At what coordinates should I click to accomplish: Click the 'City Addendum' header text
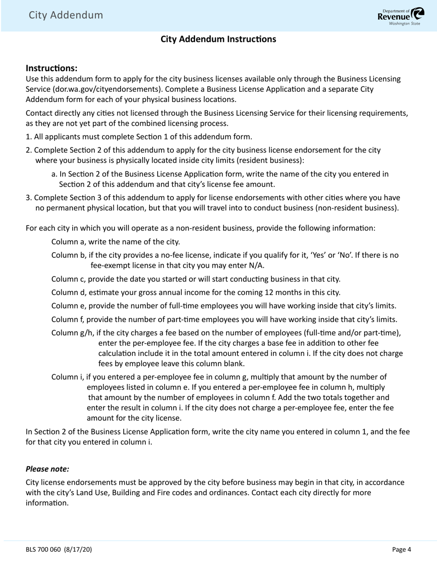click(x=66, y=15)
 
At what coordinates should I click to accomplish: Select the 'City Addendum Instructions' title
click(x=218, y=39)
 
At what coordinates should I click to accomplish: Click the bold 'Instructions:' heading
click(x=52, y=68)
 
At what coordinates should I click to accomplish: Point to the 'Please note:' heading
click(x=47, y=469)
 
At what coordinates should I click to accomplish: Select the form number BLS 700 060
click(x=43, y=549)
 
